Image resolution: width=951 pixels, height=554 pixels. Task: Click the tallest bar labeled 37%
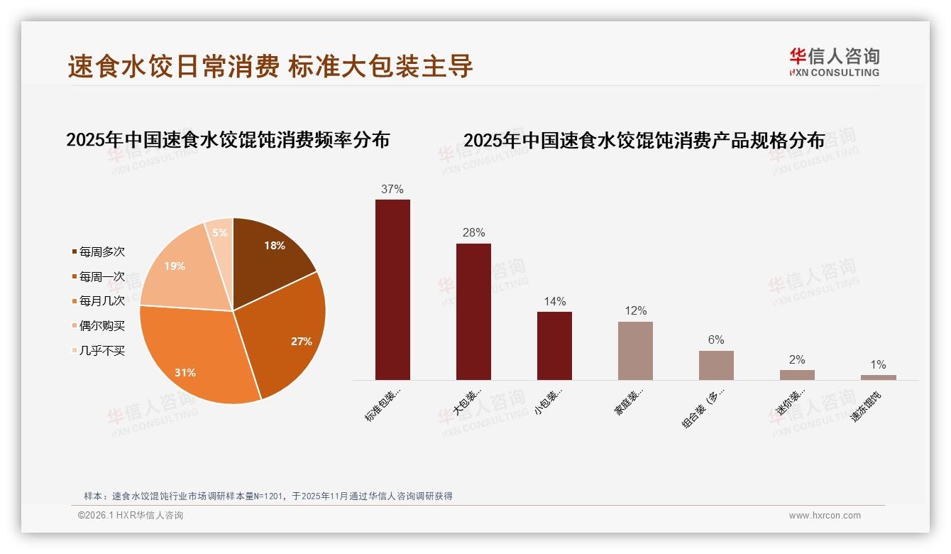click(x=392, y=290)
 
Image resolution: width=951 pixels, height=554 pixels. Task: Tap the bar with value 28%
click(x=473, y=312)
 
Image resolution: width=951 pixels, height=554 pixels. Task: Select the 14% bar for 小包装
click(x=554, y=346)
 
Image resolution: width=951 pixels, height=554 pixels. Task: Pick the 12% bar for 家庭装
click(x=635, y=351)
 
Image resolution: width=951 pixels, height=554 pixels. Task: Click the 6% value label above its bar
click(x=716, y=340)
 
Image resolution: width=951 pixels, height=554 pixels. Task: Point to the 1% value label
click(x=878, y=365)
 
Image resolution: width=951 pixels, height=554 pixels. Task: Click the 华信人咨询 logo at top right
click(x=834, y=63)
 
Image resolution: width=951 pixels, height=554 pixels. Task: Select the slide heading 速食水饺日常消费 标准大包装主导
click(x=270, y=67)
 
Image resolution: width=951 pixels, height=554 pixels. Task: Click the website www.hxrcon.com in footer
click(x=825, y=516)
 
